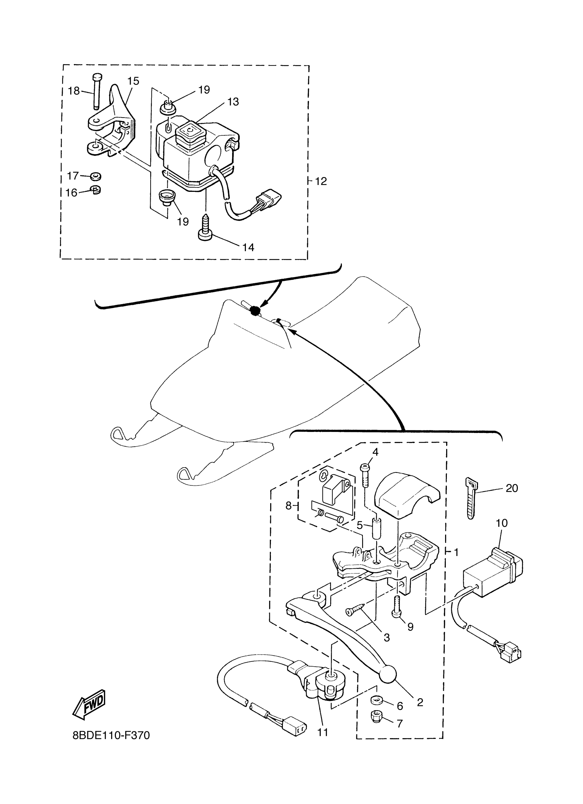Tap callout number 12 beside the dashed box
(321, 181)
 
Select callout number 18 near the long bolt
(74, 91)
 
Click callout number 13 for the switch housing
(233, 102)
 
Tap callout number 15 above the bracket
(133, 81)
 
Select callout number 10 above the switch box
(502, 523)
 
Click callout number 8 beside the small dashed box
(288, 506)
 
